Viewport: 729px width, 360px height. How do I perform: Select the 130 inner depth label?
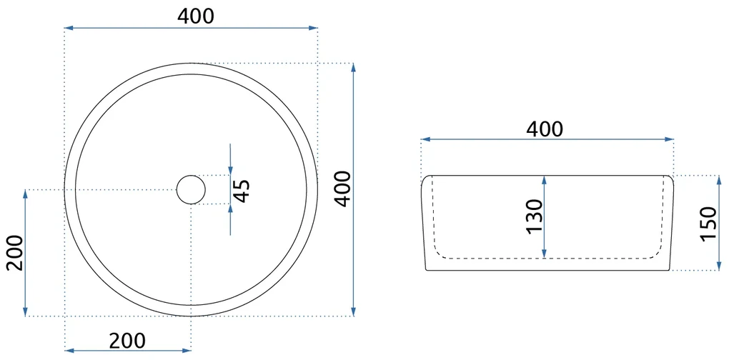click(535, 216)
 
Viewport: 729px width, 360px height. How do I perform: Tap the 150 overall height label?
click(709, 224)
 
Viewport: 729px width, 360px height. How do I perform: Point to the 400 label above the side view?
click(545, 129)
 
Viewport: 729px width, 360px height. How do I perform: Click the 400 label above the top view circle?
click(196, 16)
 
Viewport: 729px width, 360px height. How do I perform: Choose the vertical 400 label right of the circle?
click(342, 189)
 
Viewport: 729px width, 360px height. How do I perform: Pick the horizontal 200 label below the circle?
click(127, 341)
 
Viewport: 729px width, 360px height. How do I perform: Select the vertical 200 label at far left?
click(14, 253)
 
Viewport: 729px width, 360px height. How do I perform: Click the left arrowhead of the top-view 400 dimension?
click(69, 28)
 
